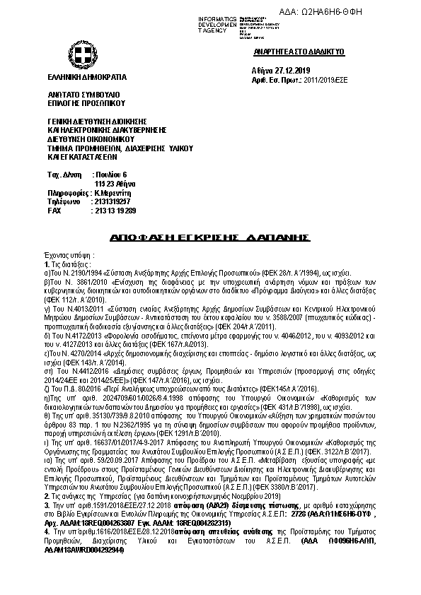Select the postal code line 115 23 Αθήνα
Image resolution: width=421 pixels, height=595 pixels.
(115, 183)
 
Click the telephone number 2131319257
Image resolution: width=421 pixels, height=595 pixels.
(115, 201)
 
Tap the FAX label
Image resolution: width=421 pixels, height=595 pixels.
(54, 211)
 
